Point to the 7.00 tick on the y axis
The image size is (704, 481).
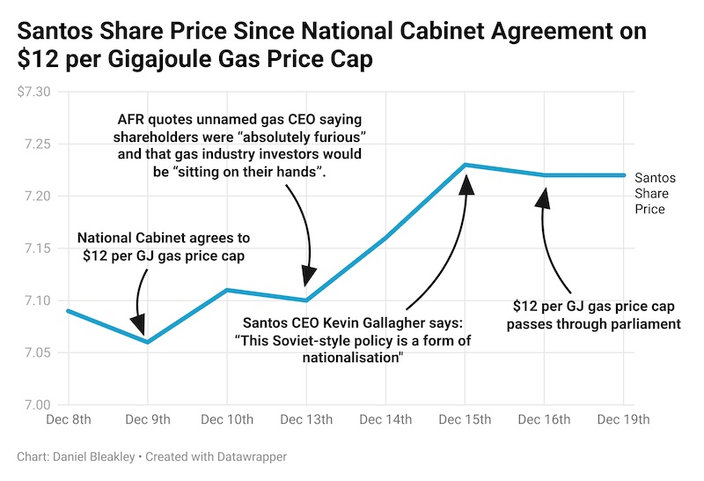point(37,405)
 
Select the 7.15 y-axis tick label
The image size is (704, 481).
point(37,248)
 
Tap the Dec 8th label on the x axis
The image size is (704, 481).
point(68,419)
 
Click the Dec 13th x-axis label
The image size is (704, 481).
point(306,419)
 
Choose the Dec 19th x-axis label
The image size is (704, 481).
point(624,419)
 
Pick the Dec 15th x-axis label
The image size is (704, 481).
point(466,419)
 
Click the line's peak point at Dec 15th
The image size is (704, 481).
point(466,165)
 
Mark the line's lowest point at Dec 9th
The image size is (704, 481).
point(147,342)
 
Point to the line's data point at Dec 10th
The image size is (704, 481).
point(227,290)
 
